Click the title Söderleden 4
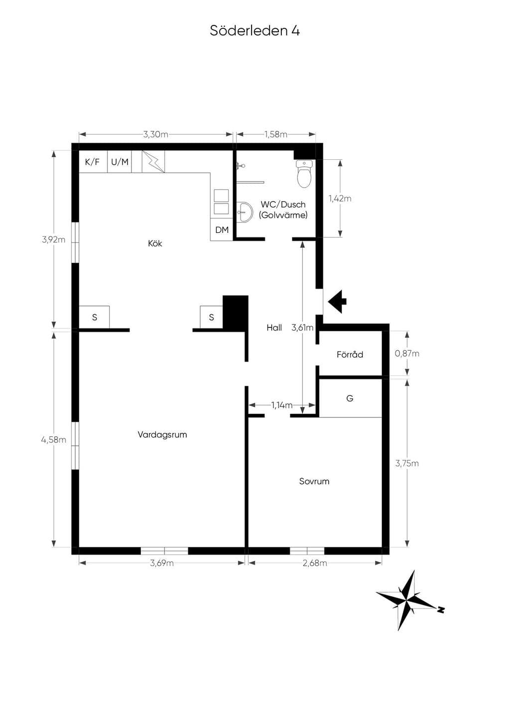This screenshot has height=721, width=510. tap(255, 31)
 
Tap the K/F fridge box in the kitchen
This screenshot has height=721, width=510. tap(93, 162)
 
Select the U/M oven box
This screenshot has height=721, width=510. tap(120, 162)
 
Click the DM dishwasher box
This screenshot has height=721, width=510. tap(222, 229)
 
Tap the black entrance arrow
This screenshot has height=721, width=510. tap(337, 302)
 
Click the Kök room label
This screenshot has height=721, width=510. tap(155, 243)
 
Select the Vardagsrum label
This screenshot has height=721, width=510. tap(162, 434)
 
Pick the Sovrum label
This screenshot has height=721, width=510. tap(314, 481)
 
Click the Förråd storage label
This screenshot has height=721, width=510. tap(350, 354)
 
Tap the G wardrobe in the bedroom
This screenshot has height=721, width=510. tap(350, 398)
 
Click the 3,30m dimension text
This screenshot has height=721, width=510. tap(155, 134)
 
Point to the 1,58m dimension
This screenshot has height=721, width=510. tap(276, 134)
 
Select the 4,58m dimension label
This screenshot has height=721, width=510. tap(53, 439)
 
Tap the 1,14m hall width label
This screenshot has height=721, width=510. tap(281, 405)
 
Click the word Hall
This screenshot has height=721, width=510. tap(274, 328)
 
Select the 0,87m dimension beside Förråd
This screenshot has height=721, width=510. tap(407, 353)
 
